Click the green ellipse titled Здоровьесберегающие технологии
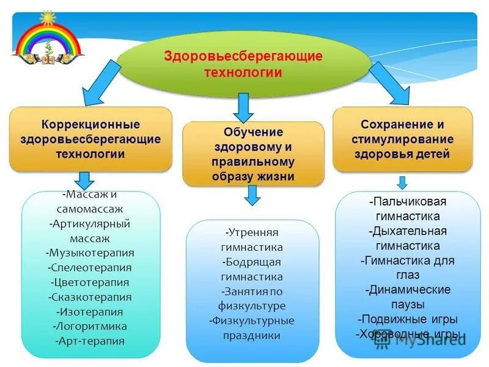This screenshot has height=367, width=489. click(243, 64)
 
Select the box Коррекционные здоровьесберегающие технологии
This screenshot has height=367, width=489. click(90, 139)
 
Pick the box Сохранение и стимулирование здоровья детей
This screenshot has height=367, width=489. click(402, 139)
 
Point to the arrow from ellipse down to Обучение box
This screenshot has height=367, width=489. click(244, 108)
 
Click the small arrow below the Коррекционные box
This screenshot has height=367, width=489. click(85, 180)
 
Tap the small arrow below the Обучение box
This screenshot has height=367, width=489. click(252, 195)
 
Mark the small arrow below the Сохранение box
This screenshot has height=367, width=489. click(402, 182)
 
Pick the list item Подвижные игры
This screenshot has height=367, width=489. click(407, 319)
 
